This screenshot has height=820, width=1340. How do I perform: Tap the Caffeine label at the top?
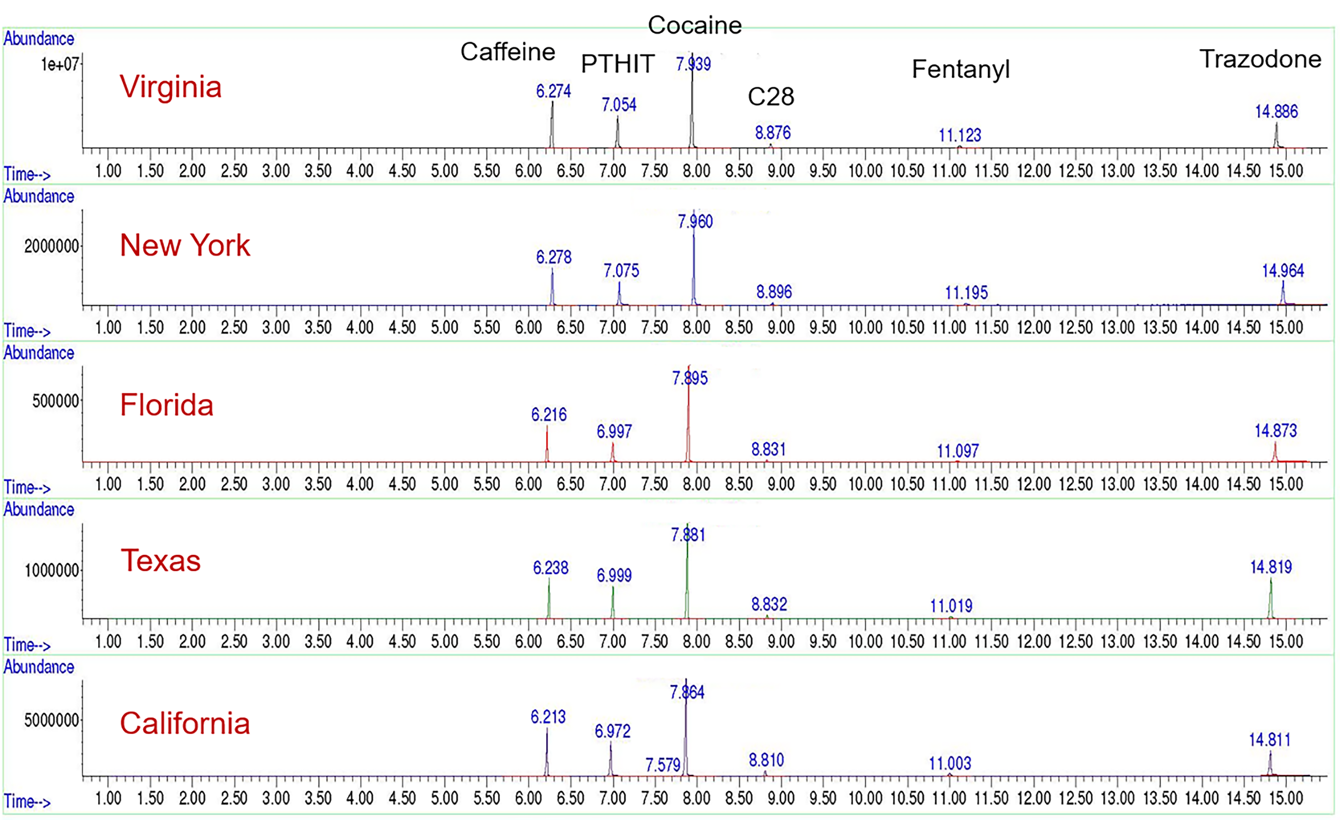tap(507, 52)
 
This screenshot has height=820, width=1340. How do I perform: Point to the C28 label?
tap(770, 97)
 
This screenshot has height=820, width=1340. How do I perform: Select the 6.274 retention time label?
tap(553, 91)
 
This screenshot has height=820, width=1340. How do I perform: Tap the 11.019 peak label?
tap(951, 606)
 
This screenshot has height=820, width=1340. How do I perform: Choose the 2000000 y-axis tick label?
tap(52, 246)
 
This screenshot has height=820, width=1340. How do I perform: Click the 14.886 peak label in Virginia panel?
tap(1276, 112)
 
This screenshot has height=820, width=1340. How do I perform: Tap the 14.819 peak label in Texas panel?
tap(1270, 567)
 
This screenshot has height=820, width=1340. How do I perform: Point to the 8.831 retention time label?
tap(768, 450)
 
